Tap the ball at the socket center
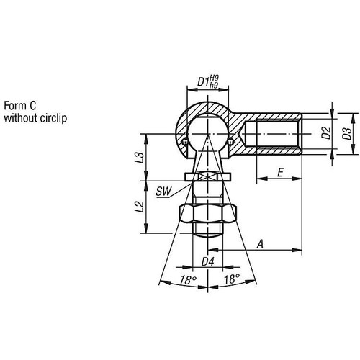pos(207,130)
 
